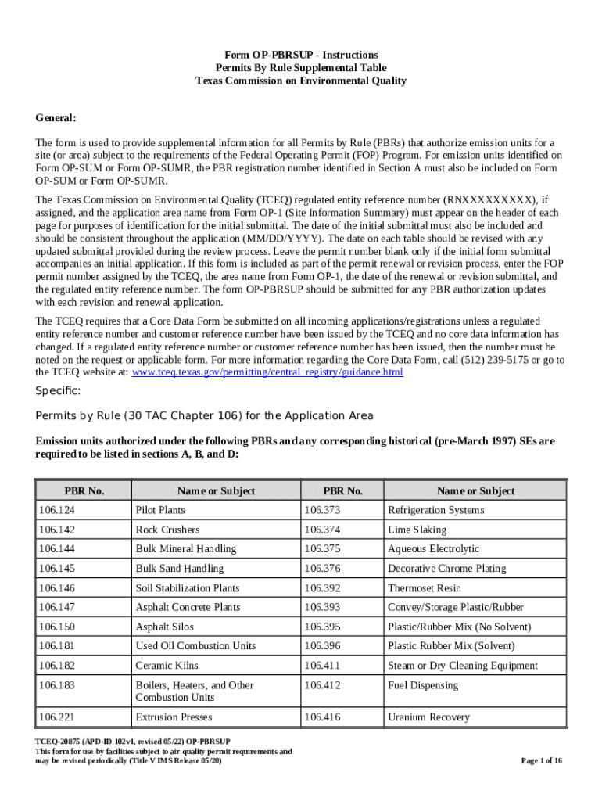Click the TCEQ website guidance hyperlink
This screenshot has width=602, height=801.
pos(267,372)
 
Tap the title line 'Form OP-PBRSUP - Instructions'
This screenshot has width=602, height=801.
pos(301,55)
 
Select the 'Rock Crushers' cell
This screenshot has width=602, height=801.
pos(167,530)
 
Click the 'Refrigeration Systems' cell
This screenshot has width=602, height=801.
pos(435,510)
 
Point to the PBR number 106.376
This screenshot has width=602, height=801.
pos(322,569)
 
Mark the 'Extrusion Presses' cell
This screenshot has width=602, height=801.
pos(174,717)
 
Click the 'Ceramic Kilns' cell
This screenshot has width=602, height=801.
pos(167,666)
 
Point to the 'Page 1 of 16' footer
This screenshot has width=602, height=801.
pos(541,760)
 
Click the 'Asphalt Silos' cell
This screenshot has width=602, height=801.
pos(164,627)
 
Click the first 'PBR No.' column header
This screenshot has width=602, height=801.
pos(84,490)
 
